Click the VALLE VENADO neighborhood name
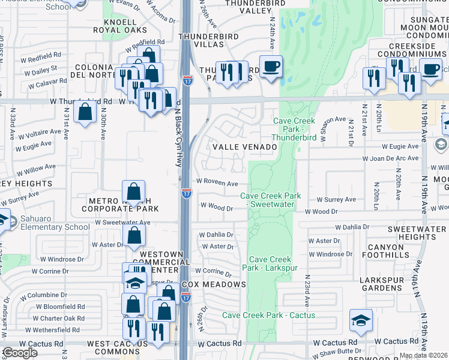243,146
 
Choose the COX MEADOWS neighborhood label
214,284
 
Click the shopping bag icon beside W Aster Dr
134,235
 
